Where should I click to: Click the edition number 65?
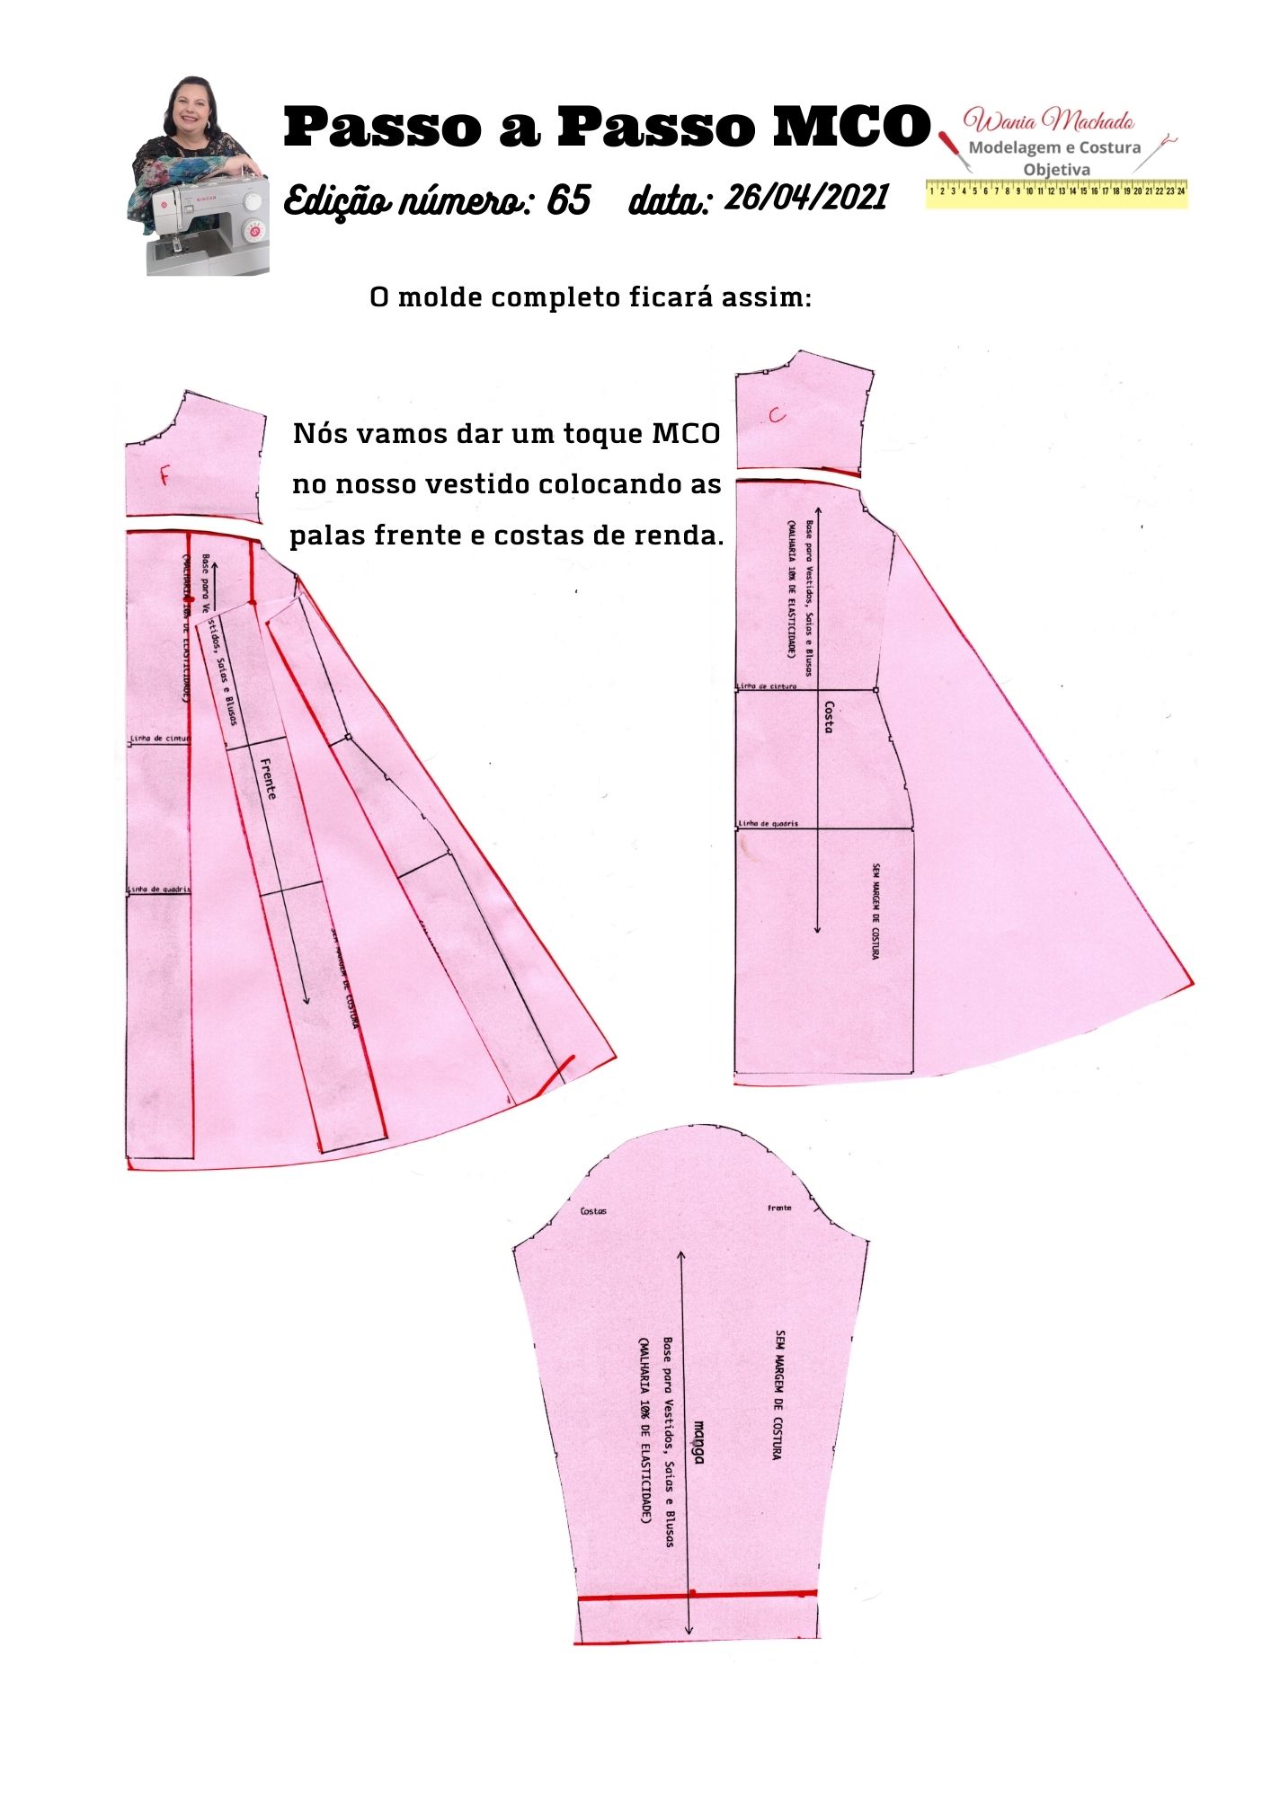pyautogui.click(x=568, y=199)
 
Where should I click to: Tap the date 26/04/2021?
pyautogui.click(x=806, y=197)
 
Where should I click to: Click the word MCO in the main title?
pyautogui.click(x=850, y=126)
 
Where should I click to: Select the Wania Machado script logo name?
pyautogui.click(x=1048, y=120)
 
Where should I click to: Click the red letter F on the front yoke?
pyautogui.click(x=164, y=476)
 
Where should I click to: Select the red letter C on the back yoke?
pyautogui.click(x=778, y=414)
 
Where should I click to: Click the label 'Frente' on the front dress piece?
pyautogui.click(x=268, y=778)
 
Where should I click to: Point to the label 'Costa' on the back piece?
pyautogui.click(x=829, y=717)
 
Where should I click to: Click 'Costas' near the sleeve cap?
pyautogui.click(x=593, y=1211)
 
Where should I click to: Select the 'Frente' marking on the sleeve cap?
pyautogui.click(x=779, y=1208)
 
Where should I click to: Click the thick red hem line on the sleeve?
pyautogui.click(x=697, y=1595)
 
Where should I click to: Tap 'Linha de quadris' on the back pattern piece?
pyautogui.click(x=768, y=823)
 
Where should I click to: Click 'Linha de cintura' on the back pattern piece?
pyautogui.click(x=767, y=686)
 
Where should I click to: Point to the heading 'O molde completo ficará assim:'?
pyautogui.click(x=591, y=297)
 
